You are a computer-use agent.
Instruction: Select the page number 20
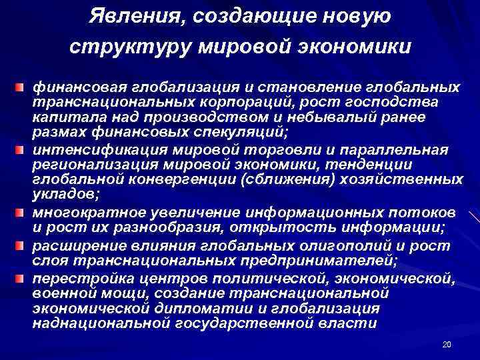[x=447, y=344]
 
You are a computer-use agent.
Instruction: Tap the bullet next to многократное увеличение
[x=23, y=213]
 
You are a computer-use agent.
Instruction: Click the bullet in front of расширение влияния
[x=23, y=244]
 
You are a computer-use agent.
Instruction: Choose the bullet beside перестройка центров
[x=23, y=275]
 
